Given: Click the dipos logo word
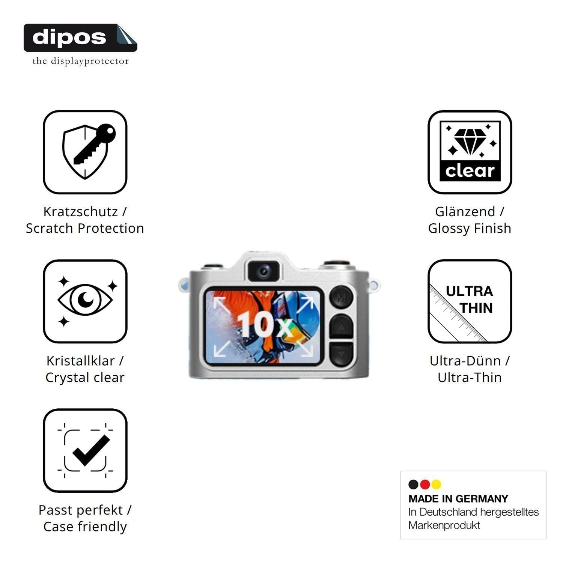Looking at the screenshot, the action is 69,37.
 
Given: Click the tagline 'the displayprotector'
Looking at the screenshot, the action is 81,61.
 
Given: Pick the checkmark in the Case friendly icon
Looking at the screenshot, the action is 91,450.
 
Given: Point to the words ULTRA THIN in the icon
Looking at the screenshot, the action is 470,300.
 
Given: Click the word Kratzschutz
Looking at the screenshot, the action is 81,212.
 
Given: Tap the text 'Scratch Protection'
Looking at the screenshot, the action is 85,228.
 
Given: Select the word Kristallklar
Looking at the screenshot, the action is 81,361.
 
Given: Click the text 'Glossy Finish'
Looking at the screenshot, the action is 470,228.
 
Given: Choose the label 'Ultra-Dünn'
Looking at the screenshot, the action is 465,361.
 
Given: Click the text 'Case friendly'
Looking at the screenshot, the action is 85,527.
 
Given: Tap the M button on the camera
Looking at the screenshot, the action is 341,297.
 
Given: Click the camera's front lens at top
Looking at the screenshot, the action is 263,270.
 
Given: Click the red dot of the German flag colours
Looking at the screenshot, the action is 425,485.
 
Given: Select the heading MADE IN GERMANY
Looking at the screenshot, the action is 458,499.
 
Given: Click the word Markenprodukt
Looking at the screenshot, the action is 444,525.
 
